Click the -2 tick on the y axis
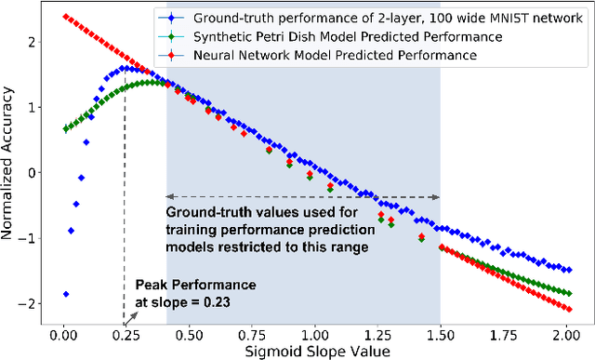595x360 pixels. (x=35, y=304)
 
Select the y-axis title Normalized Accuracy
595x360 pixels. (x=10, y=172)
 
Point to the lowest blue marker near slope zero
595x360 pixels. (x=65, y=294)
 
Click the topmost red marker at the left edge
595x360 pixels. (x=63, y=16)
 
